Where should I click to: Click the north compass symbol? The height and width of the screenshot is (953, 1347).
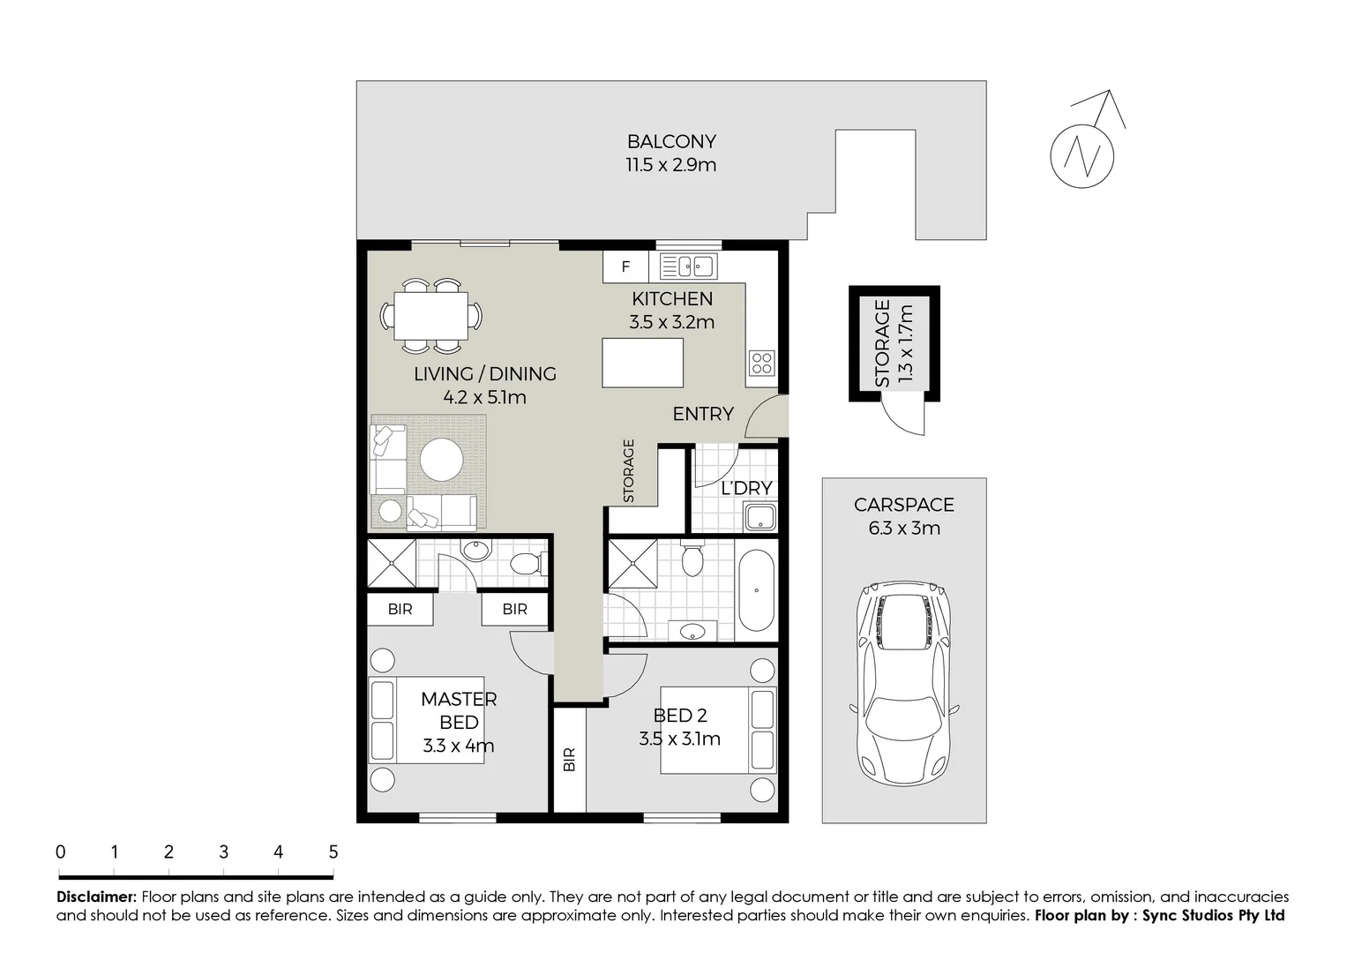pyautogui.click(x=1082, y=155)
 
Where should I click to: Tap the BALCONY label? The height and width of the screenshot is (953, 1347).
pyautogui.click(x=671, y=141)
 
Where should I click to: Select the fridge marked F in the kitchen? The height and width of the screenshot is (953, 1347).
pyautogui.click(x=625, y=266)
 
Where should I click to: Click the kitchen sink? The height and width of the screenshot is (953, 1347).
pyautogui.click(x=687, y=266)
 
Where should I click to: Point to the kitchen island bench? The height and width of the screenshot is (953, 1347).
pyautogui.click(x=642, y=362)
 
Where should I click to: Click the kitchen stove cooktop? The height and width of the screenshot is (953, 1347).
pyautogui.click(x=761, y=362)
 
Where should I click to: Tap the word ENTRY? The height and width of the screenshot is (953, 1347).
pyautogui.click(x=703, y=414)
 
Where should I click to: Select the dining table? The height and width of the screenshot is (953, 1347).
pyautogui.click(x=431, y=315)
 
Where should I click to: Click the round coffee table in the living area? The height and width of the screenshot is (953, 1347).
pyautogui.click(x=441, y=460)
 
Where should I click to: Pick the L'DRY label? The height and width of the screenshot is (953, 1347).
pyautogui.click(x=746, y=488)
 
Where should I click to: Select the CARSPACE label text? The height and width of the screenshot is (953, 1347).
pyautogui.click(x=903, y=505)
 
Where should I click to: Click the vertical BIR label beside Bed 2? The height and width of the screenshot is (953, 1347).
pyautogui.click(x=570, y=760)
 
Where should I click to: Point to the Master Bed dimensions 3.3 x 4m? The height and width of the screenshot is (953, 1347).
pyautogui.click(x=458, y=746)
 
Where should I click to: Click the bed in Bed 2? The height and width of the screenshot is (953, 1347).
pyautogui.click(x=718, y=730)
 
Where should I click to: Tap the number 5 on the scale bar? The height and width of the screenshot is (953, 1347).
pyautogui.click(x=333, y=852)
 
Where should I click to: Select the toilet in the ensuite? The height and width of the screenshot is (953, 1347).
pyautogui.click(x=528, y=564)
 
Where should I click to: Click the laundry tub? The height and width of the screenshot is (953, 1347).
pyautogui.click(x=760, y=517)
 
